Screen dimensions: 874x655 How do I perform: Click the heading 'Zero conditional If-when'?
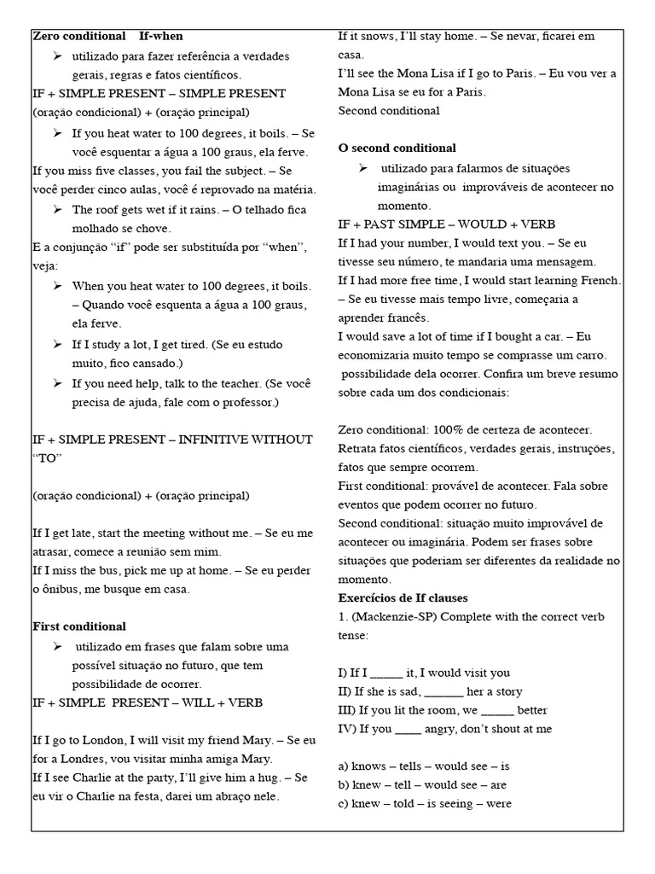107,36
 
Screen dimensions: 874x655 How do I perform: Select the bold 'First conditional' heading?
78,626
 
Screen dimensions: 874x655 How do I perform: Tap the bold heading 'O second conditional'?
397,148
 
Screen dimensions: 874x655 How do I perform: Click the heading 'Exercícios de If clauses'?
403,597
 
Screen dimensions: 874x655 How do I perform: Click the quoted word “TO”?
46,458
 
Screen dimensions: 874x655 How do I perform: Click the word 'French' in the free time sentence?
600,280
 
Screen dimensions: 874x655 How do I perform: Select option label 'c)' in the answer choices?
344,803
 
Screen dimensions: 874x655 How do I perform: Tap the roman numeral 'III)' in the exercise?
347,710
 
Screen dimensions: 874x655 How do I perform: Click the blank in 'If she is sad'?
443,692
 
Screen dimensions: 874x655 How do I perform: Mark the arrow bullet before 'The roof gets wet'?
58,209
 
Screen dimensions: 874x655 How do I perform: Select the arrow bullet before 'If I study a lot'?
58,344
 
